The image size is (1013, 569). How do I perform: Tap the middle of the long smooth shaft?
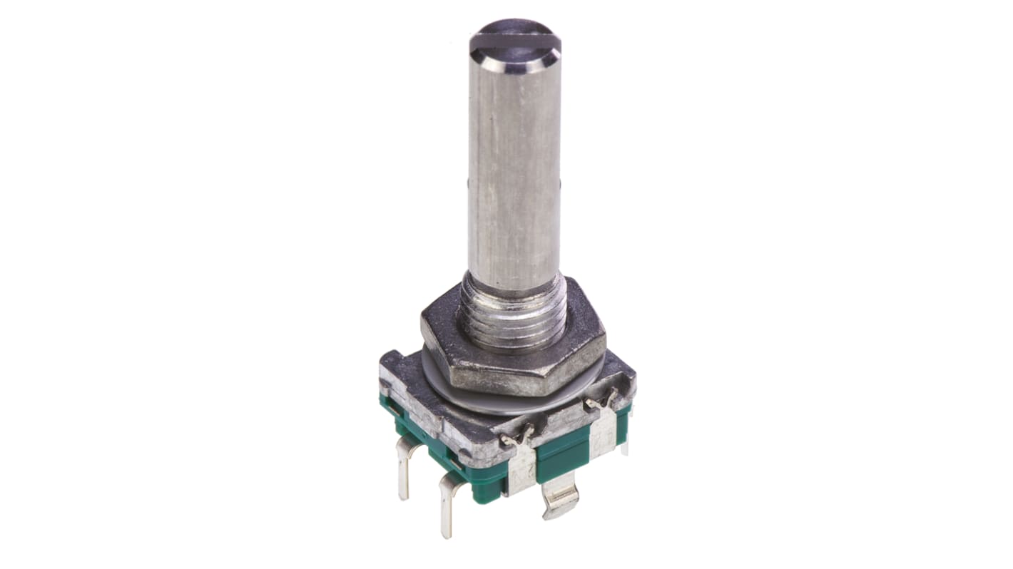tap(514, 171)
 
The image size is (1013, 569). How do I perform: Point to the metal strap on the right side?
tap(605, 432)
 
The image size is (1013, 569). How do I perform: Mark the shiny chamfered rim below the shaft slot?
tap(515, 64)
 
